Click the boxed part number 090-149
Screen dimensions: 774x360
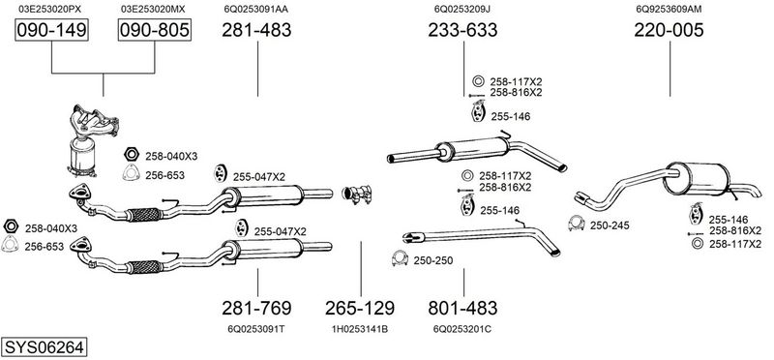[51, 30]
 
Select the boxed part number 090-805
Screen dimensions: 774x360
[155, 30]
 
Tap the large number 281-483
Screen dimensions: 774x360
[256, 30]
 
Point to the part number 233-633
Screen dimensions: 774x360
[462, 30]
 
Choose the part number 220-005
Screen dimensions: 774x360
[669, 30]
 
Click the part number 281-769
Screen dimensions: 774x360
[256, 308]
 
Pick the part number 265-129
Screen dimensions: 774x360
[360, 308]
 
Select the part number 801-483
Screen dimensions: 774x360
[462, 308]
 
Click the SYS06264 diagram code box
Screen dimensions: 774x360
[44, 347]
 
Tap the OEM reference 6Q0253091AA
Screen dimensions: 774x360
[256, 9]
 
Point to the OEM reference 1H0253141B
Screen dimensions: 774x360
[359, 329]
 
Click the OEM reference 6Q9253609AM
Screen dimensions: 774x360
[669, 9]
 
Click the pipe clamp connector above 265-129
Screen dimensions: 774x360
[357, 195]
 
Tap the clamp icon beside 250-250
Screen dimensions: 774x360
[400, 258]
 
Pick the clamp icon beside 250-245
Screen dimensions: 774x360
[576, 224]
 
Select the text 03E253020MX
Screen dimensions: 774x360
[153, 9]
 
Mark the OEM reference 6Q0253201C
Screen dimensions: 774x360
[462, 329]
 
